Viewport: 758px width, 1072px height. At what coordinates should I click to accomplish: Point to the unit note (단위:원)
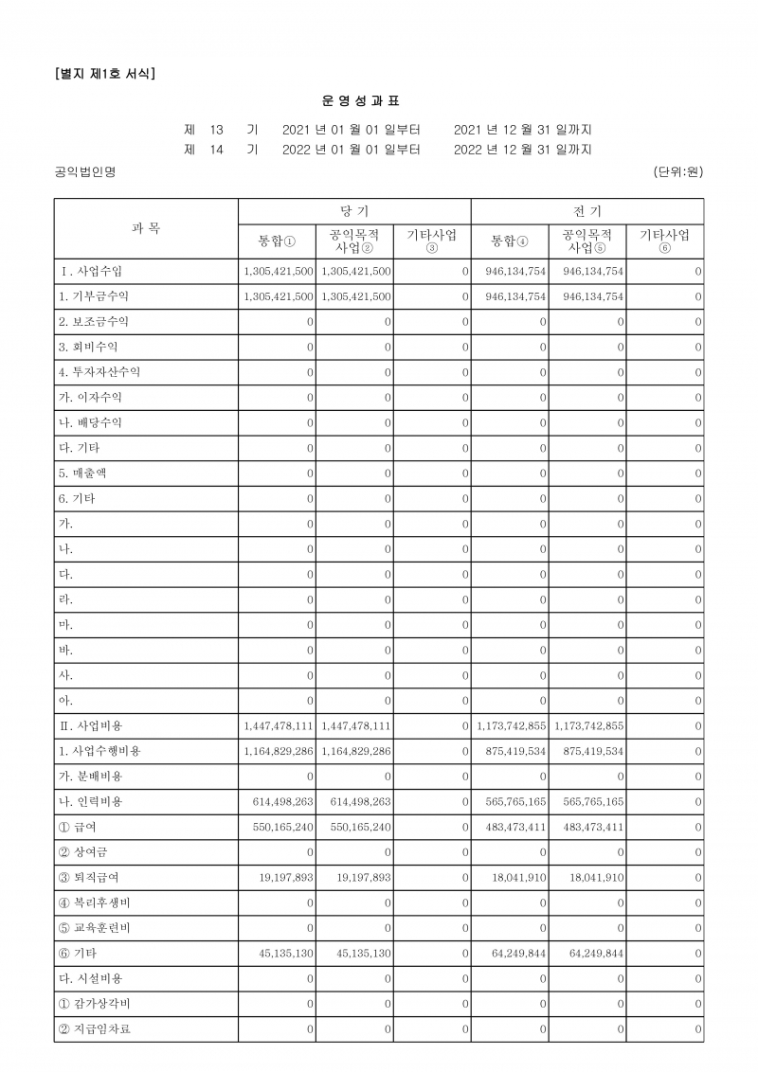point(677,171)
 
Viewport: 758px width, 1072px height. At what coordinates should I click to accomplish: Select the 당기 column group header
point(354,211)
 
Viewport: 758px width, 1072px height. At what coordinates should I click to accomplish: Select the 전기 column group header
point(587,211)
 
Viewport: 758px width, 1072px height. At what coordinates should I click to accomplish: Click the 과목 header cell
point(146,228)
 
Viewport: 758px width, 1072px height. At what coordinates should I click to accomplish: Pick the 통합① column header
point(277,241)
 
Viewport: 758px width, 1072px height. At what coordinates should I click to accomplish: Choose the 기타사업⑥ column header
point(664,241)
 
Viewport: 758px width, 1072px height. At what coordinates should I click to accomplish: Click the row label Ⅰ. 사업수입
point(92,272)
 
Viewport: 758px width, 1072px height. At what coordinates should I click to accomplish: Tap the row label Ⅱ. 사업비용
point(92,725)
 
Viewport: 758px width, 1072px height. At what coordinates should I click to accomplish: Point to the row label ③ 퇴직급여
point(88,878)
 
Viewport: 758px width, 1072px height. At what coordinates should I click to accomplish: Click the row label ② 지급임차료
point(95,1029)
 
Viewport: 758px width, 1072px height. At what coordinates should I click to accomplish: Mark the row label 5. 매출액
point(85,473)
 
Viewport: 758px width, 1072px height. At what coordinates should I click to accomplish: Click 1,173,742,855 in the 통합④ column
point(511,726)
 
